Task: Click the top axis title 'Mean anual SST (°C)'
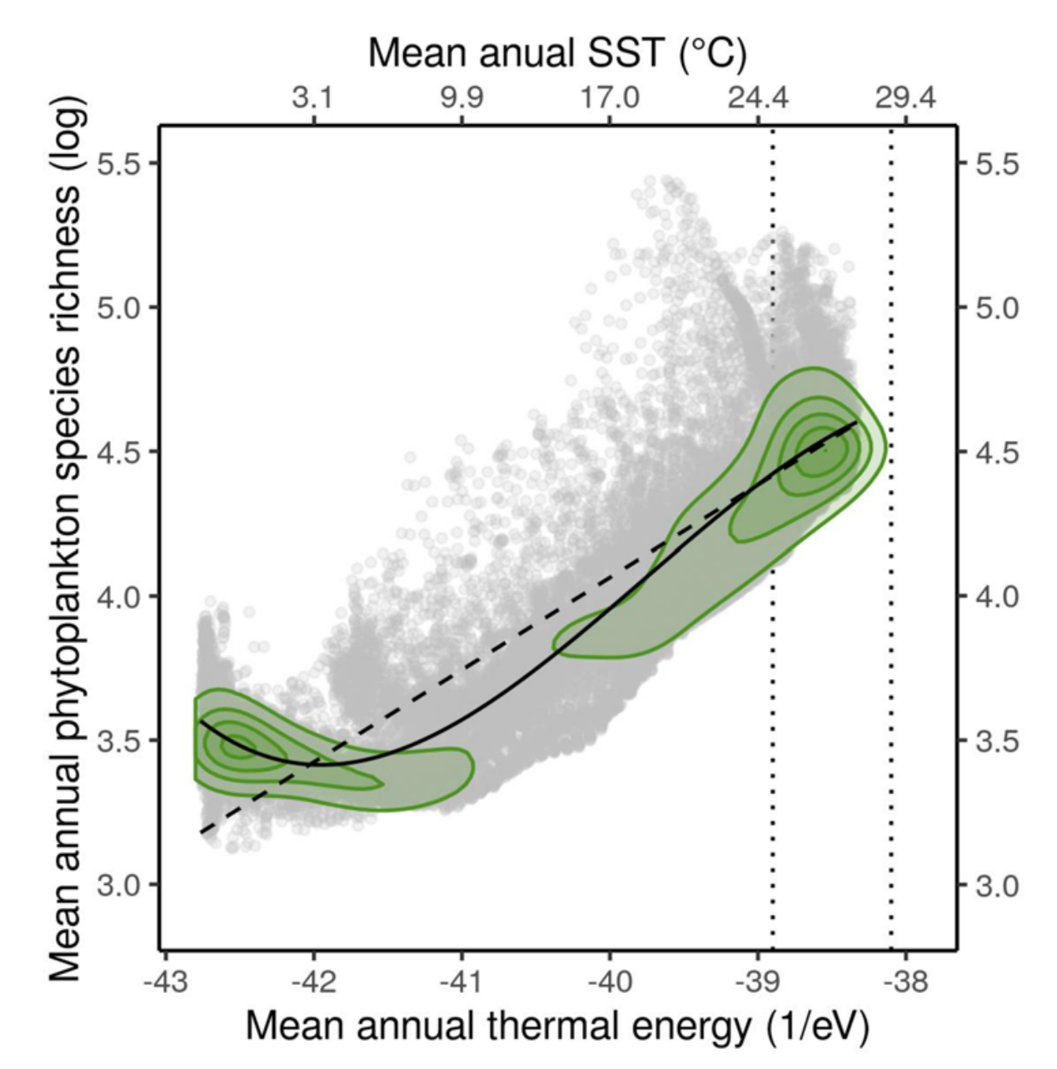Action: pos(557,53)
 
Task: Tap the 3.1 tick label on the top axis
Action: pos(313,98)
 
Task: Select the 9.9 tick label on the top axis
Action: pos(461,98)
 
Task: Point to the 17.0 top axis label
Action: pos(610,98)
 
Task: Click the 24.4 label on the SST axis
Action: pos(757,98)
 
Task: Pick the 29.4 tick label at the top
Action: pos(905,98)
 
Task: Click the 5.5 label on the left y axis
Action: pos(117,163)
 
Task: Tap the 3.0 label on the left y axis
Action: pos(117,885)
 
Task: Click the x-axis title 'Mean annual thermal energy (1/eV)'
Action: pos(557,1027)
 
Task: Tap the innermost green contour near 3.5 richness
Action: pos(230,742)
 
